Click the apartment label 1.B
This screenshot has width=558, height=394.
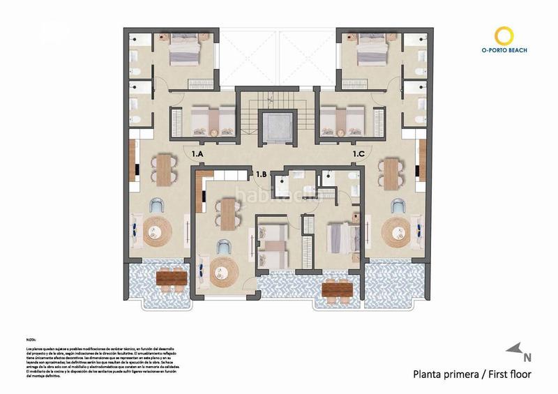[x=262, y=174]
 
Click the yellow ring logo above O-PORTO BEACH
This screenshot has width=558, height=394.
[x=504, y=35]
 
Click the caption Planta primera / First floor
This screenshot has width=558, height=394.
[x=472, y=374]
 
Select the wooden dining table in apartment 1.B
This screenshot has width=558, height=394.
[x=227, y=212]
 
